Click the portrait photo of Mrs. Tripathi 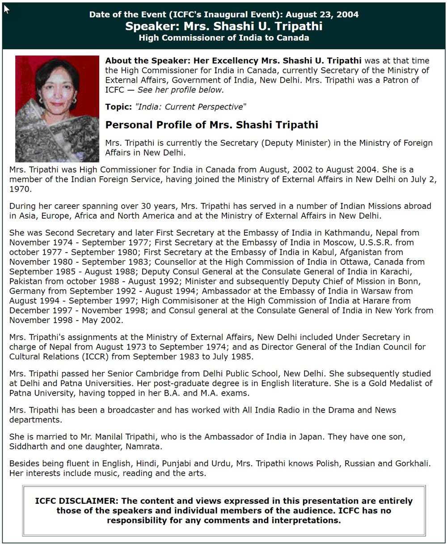(57, 109)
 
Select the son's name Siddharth (29, 447)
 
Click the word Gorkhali (413, 464)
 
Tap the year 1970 (20, 189)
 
